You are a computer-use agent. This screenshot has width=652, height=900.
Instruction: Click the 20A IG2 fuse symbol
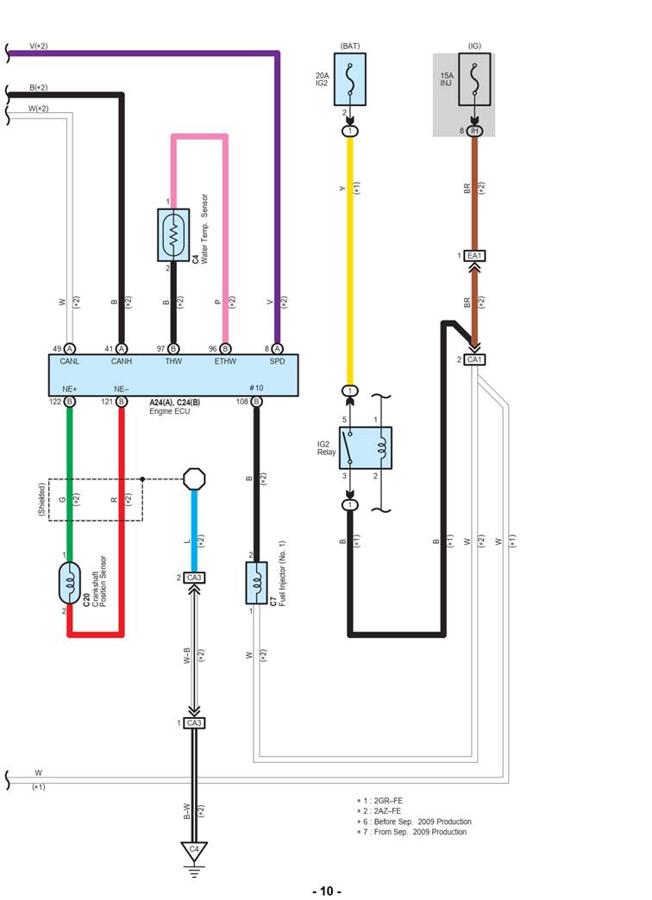(350, 79)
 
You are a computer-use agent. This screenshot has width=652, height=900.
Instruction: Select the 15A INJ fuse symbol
(474, 79)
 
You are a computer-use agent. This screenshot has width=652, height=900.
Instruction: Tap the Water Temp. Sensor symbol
(173, 234)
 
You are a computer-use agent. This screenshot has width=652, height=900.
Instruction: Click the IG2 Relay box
(365, 447)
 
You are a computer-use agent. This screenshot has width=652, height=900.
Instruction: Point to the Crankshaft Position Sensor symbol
(70, 584)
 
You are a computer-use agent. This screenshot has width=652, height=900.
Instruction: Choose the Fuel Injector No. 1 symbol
(256, 584)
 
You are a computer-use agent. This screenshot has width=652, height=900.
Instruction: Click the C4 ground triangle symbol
(194, 852)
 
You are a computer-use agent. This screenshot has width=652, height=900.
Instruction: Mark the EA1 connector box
(474, 256)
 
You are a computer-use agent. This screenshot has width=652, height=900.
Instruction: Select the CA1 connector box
(474, 359)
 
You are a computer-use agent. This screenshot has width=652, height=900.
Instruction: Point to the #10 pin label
(256, 387)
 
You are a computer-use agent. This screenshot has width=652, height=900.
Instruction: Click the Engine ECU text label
(174, 412)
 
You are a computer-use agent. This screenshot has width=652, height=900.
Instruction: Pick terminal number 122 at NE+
(56, 401)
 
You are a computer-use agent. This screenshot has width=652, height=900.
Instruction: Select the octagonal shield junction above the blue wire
(194, 478)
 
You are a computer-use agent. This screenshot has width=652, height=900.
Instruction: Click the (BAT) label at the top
(350, 45)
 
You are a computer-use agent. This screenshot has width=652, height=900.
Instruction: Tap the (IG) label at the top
(474, 45)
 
